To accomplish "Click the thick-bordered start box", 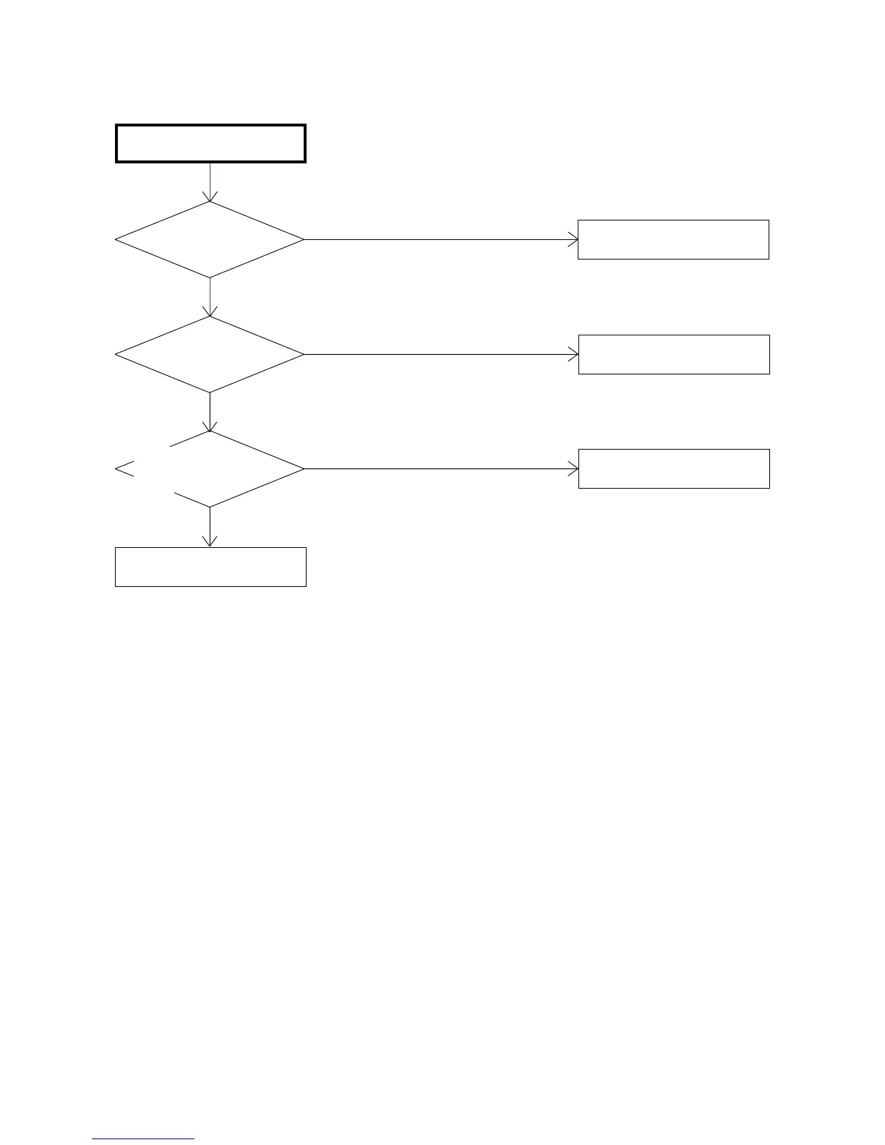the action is click(x=210, y=143).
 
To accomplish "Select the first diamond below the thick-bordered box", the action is click(x=210, y=239).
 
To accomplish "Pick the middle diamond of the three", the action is click(x=210, y=354).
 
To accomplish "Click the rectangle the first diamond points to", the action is click(x=673, y=239).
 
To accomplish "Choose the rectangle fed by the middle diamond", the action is click(x=674, y=354).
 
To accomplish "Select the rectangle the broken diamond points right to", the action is click(x=674, y=468).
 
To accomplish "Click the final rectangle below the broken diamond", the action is click(x=210, y=567).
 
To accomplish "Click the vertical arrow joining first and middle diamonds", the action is click(x=210, y=296).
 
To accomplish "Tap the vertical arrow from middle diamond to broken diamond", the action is click(x=210, y=411).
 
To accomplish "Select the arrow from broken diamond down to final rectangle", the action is click(x=210, y=526).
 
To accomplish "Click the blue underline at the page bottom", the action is click(x=143, y=1139).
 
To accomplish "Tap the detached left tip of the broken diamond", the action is click(x=124, y=469).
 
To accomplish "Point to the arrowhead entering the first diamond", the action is click(x=210, y=197).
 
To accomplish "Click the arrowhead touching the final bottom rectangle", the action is click(x=210, y=542).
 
